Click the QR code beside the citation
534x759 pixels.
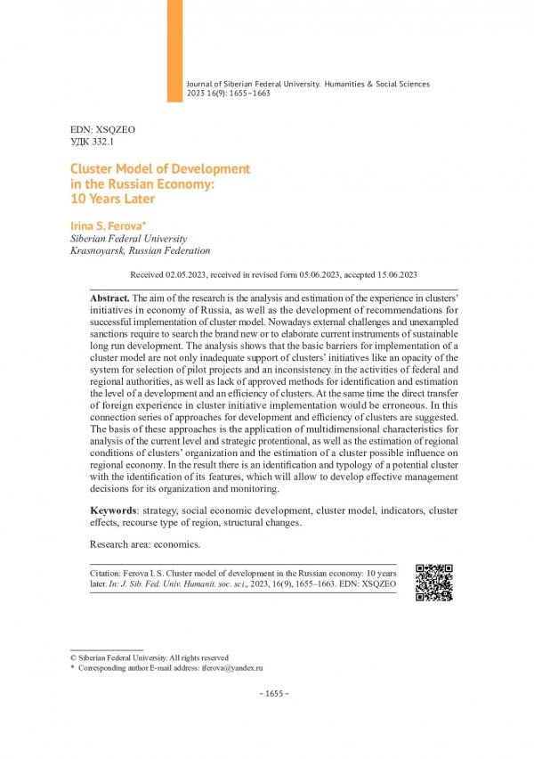(434, 583)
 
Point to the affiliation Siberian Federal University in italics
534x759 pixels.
(128, 239)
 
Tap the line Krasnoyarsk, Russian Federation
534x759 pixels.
(140, 251)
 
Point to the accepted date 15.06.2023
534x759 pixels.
(388, 275)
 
